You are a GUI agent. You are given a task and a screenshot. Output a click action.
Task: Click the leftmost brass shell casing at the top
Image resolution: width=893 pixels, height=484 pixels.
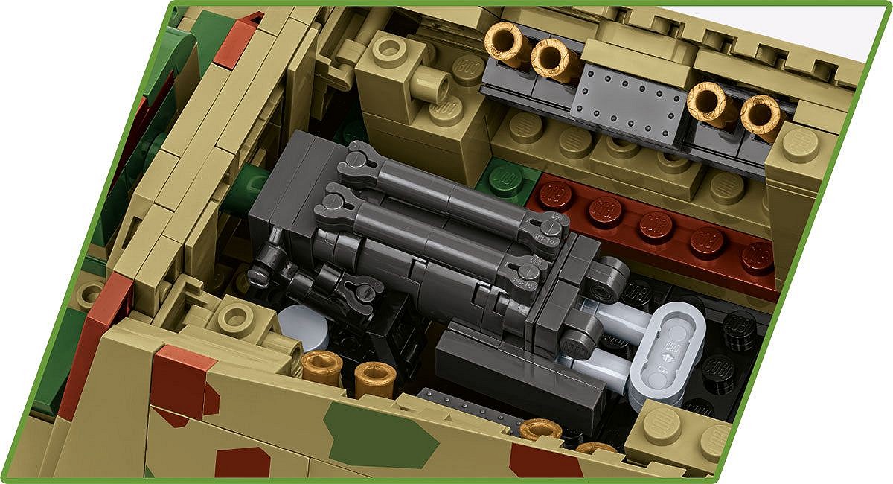[x=506, y=43]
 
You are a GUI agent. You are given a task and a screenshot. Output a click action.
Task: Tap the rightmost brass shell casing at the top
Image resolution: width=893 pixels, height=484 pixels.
[x=762, y=115]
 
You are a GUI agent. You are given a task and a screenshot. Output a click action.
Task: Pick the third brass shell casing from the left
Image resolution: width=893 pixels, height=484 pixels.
[x=708, y=102]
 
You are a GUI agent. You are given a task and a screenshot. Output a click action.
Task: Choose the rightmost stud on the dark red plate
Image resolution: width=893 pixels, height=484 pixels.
[x=758, y=257]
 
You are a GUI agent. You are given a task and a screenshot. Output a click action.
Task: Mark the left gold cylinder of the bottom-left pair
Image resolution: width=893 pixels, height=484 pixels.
[x=321, y=368]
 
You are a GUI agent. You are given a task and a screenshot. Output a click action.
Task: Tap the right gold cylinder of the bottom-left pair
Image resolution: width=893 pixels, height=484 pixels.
[x=374, y=380]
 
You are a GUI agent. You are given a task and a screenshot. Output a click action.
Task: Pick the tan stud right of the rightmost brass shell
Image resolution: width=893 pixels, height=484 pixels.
[x=799, y=144]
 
